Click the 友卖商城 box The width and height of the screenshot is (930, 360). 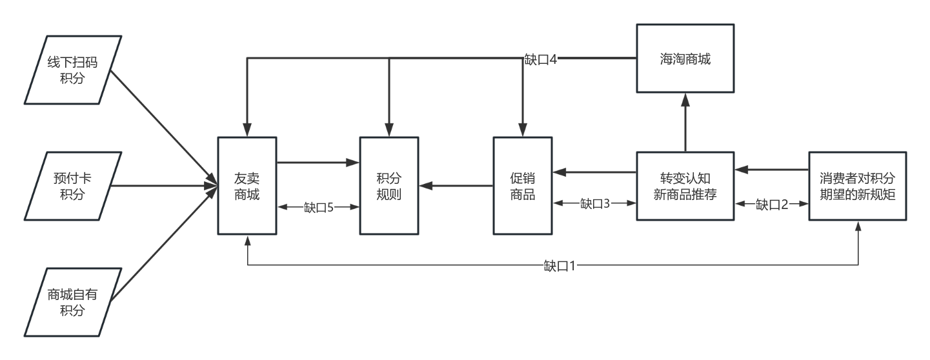(247, 186)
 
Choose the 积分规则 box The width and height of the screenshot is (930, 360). (389, 186)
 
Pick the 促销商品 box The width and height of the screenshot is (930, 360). (522, 186)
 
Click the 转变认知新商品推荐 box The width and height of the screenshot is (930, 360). (685, 186)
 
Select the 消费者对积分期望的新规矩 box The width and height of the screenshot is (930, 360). (858, 186)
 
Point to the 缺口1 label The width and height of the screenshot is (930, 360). (560, 265)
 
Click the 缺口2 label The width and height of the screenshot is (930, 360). (772, 205)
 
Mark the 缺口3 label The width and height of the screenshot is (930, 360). (594, 205)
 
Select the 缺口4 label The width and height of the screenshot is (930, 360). (541, 59)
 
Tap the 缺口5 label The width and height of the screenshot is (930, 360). (318, 207)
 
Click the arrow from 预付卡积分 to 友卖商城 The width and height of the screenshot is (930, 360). (165, 186)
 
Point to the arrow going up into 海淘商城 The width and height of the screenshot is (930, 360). (685, 123)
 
